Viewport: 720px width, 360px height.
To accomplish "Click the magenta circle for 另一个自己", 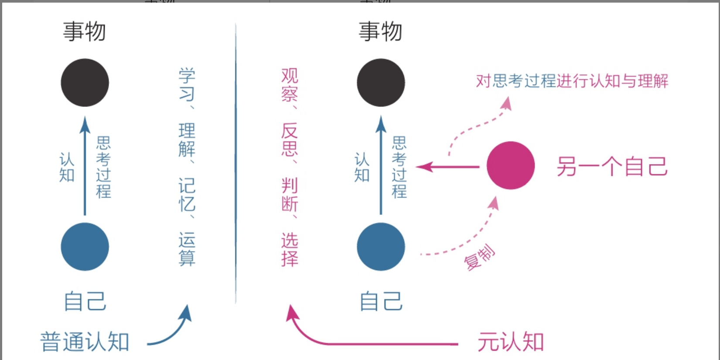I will coord(510,165).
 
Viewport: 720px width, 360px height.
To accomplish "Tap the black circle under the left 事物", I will coord(85,82).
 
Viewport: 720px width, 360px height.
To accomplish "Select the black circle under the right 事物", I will coord(381,82).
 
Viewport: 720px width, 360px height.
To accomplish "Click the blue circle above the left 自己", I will coord(85,247).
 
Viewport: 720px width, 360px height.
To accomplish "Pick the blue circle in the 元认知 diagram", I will coord(381,247).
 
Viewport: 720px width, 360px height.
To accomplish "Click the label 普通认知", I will coord(85,342).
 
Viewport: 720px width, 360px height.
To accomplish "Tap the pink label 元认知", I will coord(511,342).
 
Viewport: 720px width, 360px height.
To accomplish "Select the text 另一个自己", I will coord(612,166).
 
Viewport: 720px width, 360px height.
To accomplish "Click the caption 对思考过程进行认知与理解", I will coord(572,81).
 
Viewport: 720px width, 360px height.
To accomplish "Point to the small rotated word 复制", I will coord(479,257).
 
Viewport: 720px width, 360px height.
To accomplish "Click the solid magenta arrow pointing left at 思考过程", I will coord(447,166).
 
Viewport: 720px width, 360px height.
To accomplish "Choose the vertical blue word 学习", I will coord(187,85).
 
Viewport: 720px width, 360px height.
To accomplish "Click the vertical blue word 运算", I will coord(187,249).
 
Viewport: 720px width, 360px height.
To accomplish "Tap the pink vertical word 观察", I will coord(290,85).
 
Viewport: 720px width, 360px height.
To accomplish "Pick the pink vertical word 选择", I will coord(290,249).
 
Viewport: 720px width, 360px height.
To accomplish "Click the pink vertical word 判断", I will coord(290,195).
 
